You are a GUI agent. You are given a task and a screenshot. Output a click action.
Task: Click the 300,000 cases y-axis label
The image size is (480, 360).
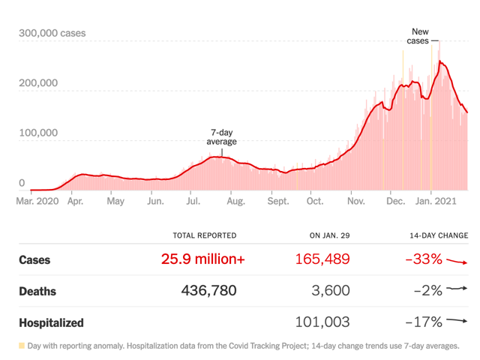(x=52, y=33)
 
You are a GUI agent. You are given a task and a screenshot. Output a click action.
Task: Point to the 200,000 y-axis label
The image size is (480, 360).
(x=38, y=82)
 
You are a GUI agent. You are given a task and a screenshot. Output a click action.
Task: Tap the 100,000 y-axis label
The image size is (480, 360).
(x=38, y=133)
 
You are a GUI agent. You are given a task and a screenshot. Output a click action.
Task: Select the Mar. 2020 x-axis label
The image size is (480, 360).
(x=37, y=201)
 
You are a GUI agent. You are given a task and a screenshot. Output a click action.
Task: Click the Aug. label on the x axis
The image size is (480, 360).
(x=235, y=201)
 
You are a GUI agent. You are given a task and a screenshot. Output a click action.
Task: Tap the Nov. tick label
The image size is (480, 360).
(x=357, y=201)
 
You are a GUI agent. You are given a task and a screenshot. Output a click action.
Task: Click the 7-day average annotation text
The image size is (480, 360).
(x=221, y=137)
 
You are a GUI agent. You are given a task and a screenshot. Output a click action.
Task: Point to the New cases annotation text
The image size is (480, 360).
(x=420, y=36)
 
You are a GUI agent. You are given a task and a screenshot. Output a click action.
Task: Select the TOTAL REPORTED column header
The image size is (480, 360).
(x=204, y=235)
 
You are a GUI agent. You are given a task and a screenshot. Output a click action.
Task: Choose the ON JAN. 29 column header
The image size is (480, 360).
(x=329, y=235)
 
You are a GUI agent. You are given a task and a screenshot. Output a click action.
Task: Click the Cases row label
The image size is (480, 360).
(x=34, y=260)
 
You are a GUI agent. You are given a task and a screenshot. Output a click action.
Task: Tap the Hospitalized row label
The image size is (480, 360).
(x=51, y=323)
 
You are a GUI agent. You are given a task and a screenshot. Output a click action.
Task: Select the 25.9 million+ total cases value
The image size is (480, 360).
(x=202, y=259)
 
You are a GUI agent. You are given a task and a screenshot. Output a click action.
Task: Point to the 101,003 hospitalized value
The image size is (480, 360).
(x=323, y=322)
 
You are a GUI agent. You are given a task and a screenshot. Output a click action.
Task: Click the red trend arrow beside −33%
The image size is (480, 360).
(x=456, y=261)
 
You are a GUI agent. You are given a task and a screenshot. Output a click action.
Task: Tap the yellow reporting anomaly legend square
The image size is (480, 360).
(x=22, y=346)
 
